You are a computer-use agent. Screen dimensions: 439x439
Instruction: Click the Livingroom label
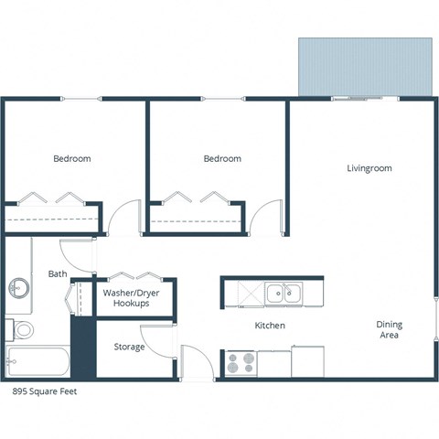pyautogui.click(x=369, y=168)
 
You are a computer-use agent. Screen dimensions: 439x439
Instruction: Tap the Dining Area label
pyautogui.click(x=389, y=330)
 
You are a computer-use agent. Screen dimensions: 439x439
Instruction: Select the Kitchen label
pyautogui.click(x=269, y=326)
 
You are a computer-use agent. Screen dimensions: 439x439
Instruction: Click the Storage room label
pyautogui.click(x=129, y=347)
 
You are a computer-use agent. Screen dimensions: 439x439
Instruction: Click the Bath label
pyautogui.click(x=58, y=273)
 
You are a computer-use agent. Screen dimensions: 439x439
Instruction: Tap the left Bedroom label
pyautogui.click(x=71, y=159)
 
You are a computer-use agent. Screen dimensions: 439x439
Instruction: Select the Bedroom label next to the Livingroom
pyautogui.click(x=222, y=159)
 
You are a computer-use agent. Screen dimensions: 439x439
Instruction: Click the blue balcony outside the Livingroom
pyautogui.click(x=365, y=66)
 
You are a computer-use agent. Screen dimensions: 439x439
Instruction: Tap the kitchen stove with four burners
pyautogui.click(x=240, y=363)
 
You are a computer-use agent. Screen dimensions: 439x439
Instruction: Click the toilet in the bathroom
pyautogui.click(x=22, y=328)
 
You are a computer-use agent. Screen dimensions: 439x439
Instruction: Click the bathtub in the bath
pyautogui.click(x=37, y=361)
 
